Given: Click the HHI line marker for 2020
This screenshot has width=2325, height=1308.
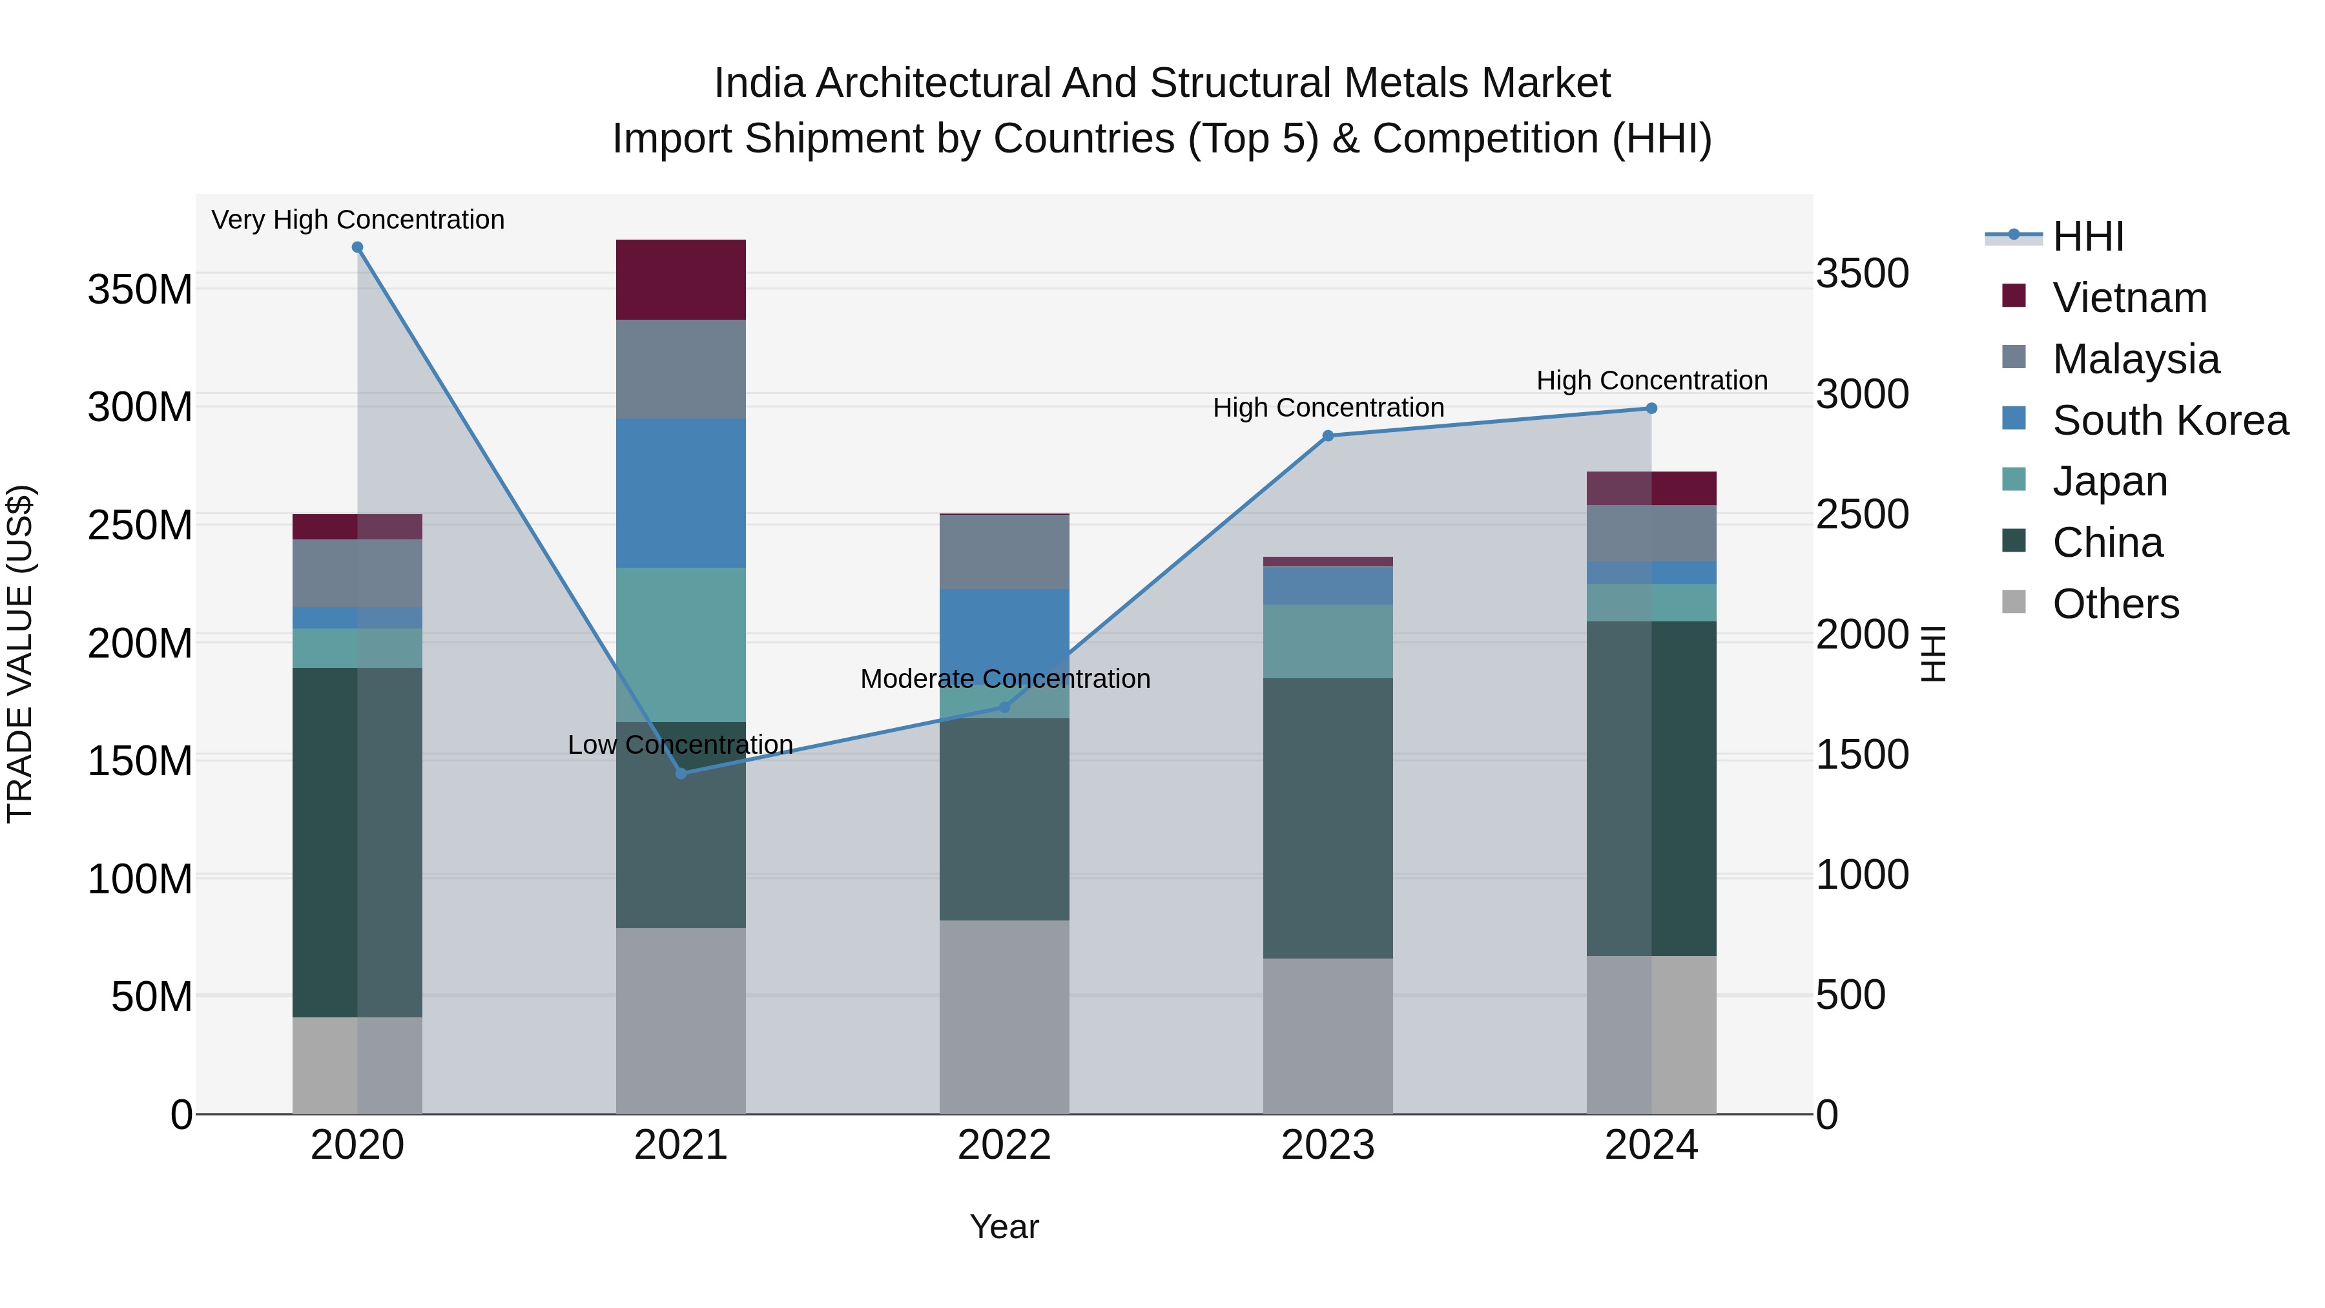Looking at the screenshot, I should coord(357,247).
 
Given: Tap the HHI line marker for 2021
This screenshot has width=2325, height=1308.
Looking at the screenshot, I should coord(681,774).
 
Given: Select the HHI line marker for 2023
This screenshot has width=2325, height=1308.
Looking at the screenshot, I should coord(1328,436).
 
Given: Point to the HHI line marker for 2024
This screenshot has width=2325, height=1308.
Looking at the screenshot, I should coord(1651,408).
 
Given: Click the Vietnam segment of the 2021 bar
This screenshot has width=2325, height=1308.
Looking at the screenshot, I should coord(681,280).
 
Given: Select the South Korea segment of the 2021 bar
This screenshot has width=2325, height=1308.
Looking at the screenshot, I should coord(681,493).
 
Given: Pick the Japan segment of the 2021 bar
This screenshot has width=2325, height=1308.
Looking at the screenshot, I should coord(681,645).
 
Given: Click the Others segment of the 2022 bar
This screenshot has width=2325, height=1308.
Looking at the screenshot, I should coord(1004,1017).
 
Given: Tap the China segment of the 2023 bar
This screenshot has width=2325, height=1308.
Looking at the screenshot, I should coord(1328,818).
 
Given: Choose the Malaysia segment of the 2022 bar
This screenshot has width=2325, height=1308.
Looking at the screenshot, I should coord(1004,552).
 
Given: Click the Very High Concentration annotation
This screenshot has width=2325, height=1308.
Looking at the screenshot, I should coord(357,220).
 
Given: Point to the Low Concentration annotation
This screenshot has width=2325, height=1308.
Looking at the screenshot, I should coord(681,745).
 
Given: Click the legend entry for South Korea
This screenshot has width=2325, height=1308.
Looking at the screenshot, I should coord(2170,420).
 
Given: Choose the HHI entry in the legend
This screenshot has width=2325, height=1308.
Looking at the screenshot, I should coord(2087,236).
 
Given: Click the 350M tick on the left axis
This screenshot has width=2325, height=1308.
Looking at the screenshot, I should coord(140,290).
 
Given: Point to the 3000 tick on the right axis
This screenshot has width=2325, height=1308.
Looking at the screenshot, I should coord(1862,395).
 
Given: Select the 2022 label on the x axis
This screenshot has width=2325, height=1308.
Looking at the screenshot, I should coord(1004,1145).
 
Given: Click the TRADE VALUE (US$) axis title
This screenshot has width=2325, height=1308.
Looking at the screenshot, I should coord(20,654).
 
